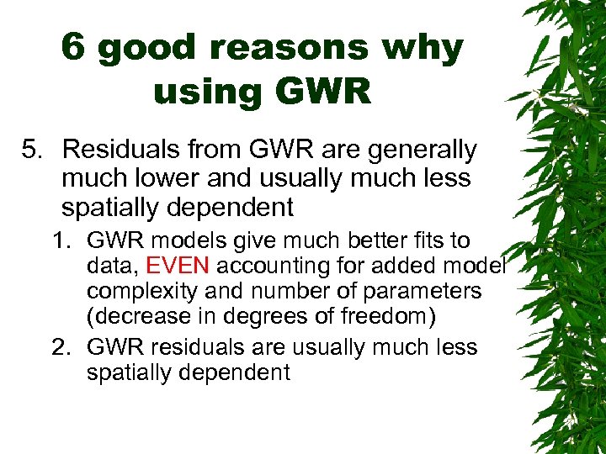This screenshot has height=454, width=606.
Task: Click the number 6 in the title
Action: point(73,49)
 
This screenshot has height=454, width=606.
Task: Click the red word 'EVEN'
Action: point(180,266)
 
